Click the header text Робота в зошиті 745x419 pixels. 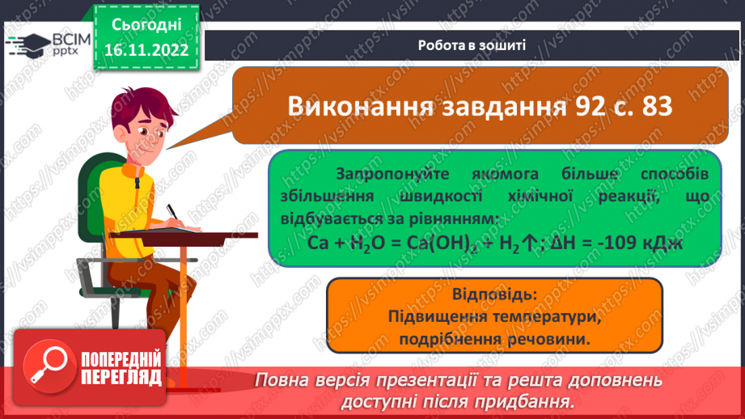click(x=472, y=45)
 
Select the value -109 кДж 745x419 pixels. click(x=637, y=241)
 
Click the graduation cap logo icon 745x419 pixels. click(x=26, y=44)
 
